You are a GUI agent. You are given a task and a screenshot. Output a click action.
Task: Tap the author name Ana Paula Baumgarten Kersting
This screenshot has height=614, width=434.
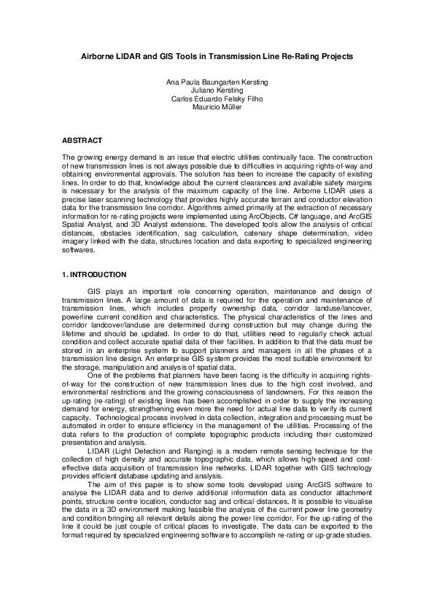click(217, 83)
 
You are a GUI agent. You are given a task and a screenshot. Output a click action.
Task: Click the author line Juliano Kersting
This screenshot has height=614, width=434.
click(217, 91)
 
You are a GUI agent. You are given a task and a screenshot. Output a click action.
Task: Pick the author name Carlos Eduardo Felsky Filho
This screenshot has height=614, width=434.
click(217, 99)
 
